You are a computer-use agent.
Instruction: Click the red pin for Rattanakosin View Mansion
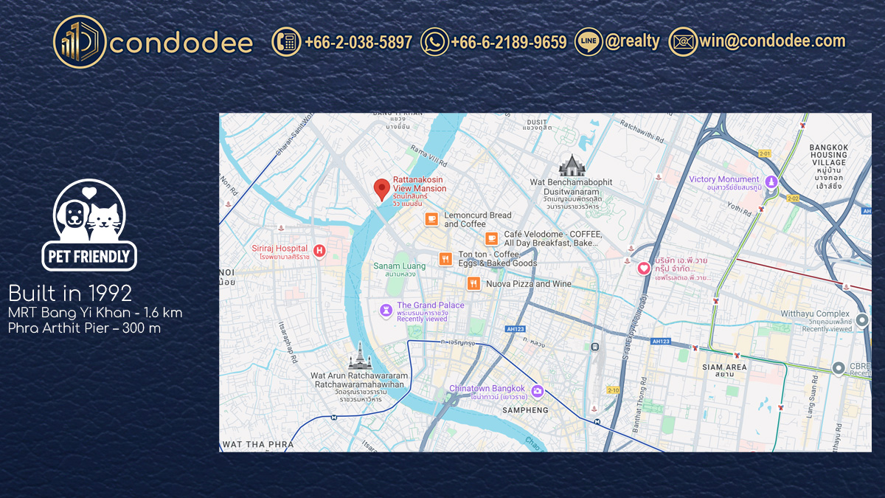coord(381,189)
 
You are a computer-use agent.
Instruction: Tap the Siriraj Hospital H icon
coord(319,252)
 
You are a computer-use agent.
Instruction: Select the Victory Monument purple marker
coord(771,181)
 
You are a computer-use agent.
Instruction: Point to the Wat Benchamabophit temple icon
coord(572,165)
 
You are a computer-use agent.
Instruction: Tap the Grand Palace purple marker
coord(386,310)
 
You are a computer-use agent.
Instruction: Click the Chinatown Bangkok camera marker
coord(538,391)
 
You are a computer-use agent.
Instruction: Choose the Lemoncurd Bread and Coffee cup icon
coord(431,219)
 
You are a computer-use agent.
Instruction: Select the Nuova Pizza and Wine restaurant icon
coord(473,283)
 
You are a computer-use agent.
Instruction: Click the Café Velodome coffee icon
coord(491,238)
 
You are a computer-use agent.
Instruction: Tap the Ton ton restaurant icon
coord(445,259)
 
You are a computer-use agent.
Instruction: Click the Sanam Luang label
coord(399,266)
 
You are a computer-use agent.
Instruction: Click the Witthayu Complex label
coord(815,314)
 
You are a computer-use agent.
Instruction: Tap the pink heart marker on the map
coord(644,269)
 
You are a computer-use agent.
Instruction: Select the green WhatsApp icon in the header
coord(434,41)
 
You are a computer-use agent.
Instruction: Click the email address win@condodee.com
coord(772,41)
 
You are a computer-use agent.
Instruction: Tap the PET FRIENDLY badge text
coord(90,257)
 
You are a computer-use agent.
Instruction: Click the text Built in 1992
coord(70,294)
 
